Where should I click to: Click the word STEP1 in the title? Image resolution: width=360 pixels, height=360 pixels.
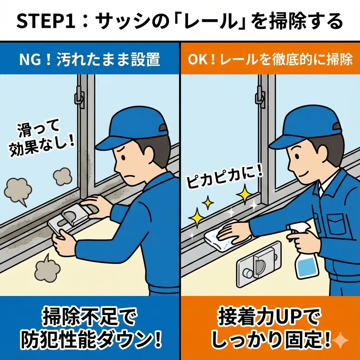[46, 21]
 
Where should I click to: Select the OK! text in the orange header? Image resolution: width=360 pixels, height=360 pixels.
[202, 59]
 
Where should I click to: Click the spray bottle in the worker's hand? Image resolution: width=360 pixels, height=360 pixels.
[303, 250]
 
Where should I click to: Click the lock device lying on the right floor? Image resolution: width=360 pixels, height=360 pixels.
[259, 264]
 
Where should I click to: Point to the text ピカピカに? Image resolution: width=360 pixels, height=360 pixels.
[224, 178]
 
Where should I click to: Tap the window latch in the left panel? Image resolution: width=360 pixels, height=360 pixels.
[79, 97]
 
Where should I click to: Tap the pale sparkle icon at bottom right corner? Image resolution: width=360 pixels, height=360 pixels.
[340, 340]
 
